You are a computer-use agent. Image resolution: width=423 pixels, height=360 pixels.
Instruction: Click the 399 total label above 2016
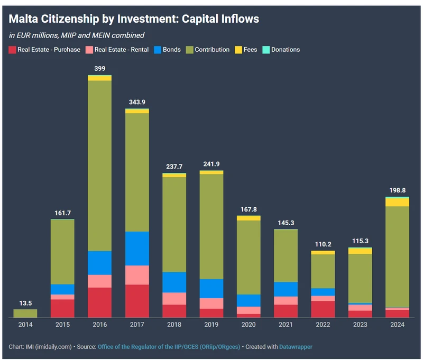click(x=99, y=69)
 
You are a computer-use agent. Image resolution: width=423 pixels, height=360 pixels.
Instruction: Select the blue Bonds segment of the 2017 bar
click(x=137, y=248)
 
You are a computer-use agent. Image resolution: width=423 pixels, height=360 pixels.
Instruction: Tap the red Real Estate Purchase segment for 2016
click(x=99, y=302)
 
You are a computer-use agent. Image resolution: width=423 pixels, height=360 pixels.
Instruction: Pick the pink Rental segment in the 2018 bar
click(x=174, y=298)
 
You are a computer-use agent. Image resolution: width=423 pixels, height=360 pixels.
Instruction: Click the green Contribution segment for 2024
click(x=397, y=256)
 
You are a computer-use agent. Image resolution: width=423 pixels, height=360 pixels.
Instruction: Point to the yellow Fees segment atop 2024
click(x=397, y=202)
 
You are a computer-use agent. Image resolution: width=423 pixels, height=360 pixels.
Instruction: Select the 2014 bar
click(x=25, y=313)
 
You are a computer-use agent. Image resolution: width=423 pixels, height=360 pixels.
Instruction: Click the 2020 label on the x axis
click(x=249, y=325)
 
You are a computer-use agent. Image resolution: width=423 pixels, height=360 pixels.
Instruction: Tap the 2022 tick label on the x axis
click(x=323, y=325)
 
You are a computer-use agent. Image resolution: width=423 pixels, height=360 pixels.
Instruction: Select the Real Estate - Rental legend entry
click(x=115, y=50)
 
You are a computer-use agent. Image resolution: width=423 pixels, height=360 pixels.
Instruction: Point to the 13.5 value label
click(x=25, y=303)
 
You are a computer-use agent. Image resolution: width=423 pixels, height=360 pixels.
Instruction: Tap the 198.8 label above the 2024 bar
click(x=397, y=190)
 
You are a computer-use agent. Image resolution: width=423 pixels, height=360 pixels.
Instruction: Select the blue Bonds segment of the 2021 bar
click(x=286, y=289)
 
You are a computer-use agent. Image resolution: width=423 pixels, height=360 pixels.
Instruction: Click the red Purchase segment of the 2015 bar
click(x=62, y=308)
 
